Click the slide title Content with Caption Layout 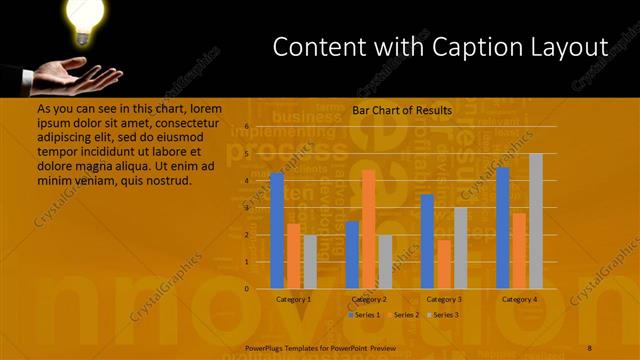point(440,47)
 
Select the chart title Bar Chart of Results point(402,110)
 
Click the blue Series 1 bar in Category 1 point(277,230)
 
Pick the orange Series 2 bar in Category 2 point(368,229)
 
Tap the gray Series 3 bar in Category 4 point(536,221)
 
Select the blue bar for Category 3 point(427,241)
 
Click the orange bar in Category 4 point(519,250)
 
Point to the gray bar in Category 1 point(310,262)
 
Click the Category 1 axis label point(293,299)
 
